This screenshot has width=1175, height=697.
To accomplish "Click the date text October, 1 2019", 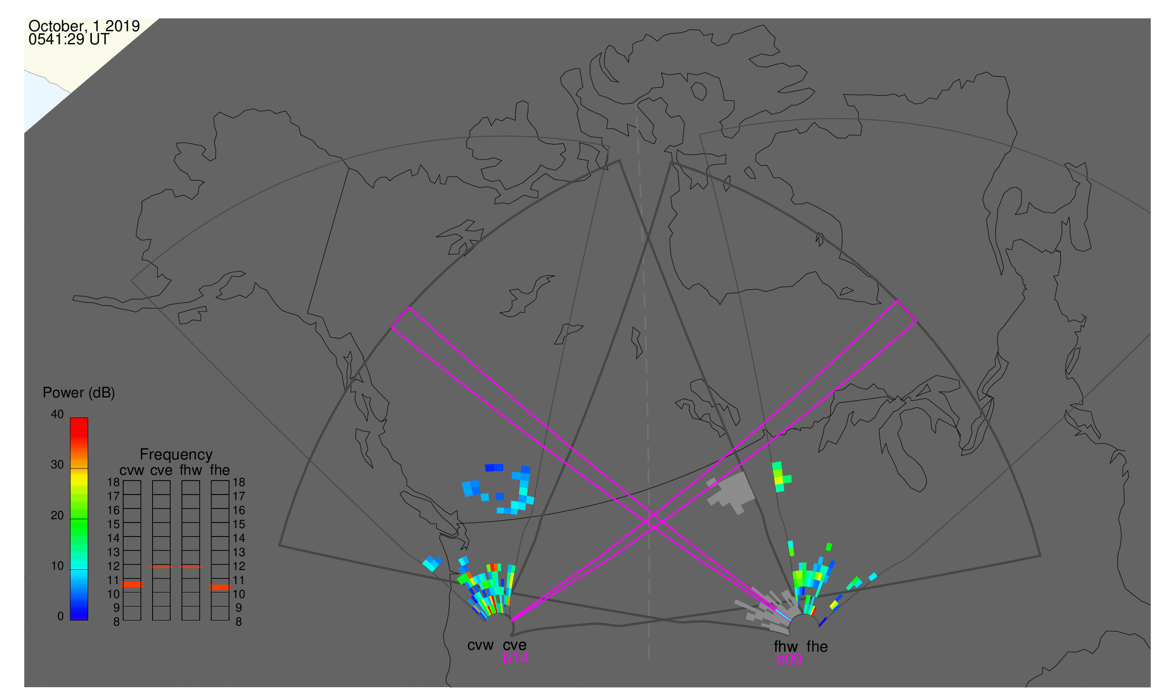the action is coord(84,26).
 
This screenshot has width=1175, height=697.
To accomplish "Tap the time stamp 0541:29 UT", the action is coord(69,40).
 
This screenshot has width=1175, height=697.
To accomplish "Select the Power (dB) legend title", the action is coord(79,393).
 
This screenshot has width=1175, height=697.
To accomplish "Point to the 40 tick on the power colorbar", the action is coord(57,414).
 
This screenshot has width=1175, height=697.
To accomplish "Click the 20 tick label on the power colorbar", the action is coord(57,516).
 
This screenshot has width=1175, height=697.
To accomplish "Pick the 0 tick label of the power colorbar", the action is coord(60,616).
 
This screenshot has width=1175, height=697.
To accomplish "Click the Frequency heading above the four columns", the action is coord(176,455).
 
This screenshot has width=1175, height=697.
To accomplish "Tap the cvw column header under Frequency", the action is coord(132,470).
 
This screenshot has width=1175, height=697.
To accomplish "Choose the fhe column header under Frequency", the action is coord(220,470).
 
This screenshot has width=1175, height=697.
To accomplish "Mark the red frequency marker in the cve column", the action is coord(161,567).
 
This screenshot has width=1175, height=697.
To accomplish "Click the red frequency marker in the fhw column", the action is coord(191,567).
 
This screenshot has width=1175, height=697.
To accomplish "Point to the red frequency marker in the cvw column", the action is coord(132,585).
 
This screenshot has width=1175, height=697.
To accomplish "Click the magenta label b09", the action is coord(789,659).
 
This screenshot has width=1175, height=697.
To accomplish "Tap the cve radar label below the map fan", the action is coord(514,645).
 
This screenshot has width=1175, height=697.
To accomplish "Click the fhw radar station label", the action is coord(786,647).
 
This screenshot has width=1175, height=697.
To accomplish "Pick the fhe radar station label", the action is coord(817,647).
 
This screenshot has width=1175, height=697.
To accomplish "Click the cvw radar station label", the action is coord(480,645).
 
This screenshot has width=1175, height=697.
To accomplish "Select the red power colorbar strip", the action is coord(79,519).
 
